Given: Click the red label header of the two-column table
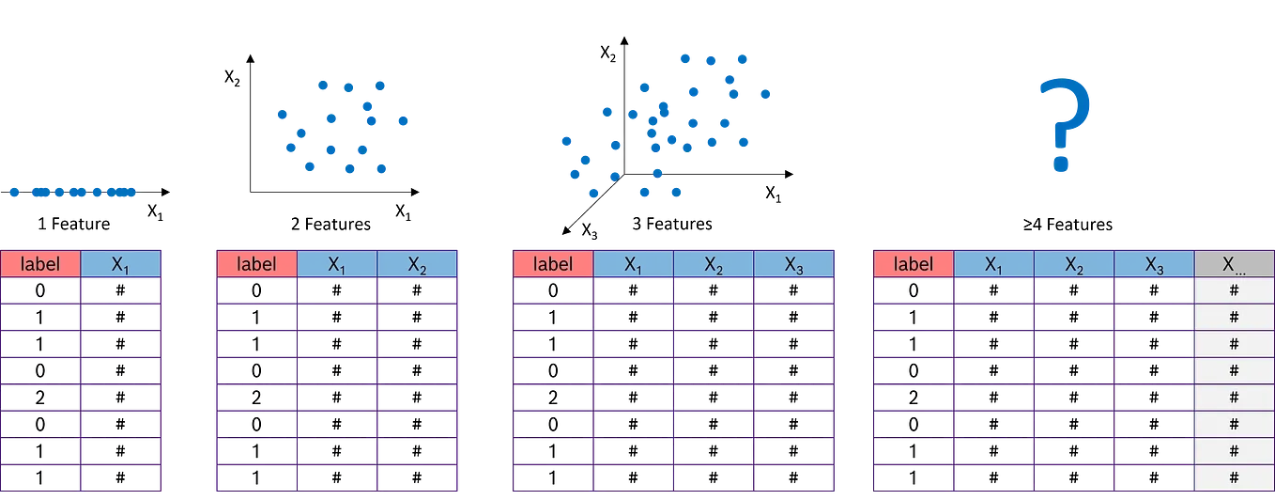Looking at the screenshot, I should [40, 264].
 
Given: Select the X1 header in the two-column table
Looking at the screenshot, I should [121, 264].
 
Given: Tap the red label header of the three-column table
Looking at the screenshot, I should [256, 264].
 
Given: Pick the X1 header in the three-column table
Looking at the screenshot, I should [337, 264].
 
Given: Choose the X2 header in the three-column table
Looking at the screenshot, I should [417, 264].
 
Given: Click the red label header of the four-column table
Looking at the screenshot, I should [553, 264].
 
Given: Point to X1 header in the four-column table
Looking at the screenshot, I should [634, 264].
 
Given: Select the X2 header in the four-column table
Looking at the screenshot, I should [714, 264].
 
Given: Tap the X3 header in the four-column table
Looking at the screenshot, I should [793, 264].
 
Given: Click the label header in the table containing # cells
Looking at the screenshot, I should [914, 264].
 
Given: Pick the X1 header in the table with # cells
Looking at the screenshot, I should [993, 264].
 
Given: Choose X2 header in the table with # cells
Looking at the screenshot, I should [1074, 264].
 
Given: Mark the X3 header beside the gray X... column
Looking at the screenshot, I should [1154, 264].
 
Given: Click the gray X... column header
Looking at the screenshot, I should [1234, 264].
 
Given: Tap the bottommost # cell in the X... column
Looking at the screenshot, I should [1234, 477].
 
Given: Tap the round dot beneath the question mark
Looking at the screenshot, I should [1061, 165].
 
